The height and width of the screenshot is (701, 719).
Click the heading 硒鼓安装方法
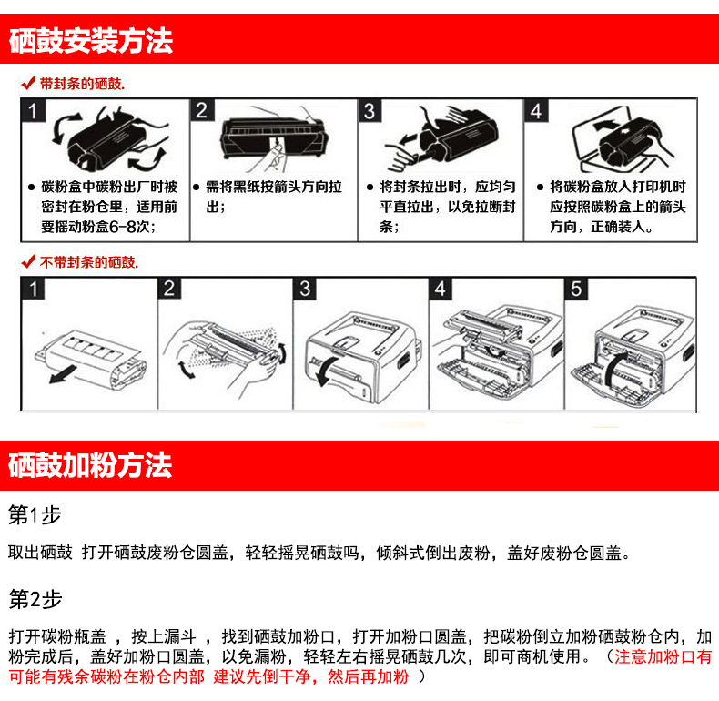tap(91, 41)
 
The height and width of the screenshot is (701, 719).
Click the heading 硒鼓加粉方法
tap(90, 465)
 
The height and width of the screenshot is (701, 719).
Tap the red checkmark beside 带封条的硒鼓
tap(28, 83)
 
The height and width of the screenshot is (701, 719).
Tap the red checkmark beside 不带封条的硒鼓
tap(28, 261)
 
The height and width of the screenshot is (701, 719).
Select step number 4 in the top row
tap(535, 111)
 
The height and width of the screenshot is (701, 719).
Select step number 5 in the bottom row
tap(576, 289)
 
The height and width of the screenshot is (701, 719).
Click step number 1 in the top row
tap(33, 111)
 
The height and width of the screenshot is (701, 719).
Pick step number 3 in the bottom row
tap(305, 289)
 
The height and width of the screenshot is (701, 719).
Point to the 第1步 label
tap(35, 514)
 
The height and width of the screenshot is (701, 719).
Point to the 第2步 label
tap(35, 599)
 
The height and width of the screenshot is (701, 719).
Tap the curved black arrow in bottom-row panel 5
tap(613, 367)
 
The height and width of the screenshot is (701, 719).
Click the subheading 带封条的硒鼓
tap(82, 84)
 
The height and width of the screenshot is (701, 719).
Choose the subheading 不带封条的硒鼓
tap(89, 262)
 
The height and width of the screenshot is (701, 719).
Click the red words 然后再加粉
tap(368, 676)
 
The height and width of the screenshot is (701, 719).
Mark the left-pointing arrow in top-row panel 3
tap(410, 138)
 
